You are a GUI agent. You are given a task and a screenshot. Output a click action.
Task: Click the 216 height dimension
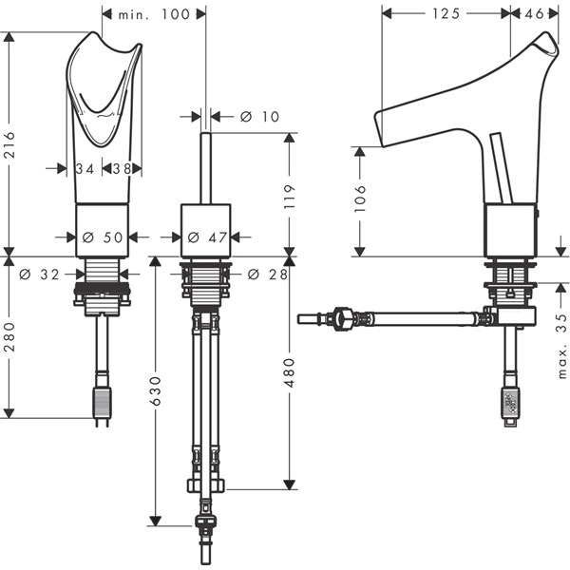pos(9,144)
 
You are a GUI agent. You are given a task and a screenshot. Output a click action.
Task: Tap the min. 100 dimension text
pos(155,14)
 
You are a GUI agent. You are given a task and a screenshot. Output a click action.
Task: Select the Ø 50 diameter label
pos(103,237)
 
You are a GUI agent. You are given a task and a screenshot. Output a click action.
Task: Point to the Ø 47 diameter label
pos(207,237)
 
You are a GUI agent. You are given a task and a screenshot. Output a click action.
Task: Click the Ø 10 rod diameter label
pos(260,117)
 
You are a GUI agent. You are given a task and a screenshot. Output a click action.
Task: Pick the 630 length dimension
pos(156,390)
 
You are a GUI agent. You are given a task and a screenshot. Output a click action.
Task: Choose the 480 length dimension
pos(290,372)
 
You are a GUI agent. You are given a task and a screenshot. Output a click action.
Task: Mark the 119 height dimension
pos(290,197)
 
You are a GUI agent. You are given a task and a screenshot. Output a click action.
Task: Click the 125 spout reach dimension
pos(446,14)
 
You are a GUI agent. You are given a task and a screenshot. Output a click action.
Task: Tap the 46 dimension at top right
pos(535,14)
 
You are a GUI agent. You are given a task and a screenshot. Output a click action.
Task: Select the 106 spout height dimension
pos(360,199)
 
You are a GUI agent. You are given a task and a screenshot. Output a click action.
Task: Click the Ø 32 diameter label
pos(39,275)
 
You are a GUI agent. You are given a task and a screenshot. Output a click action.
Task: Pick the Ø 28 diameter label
pos(268,275)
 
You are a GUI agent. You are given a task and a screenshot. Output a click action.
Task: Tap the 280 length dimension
pos(9,336)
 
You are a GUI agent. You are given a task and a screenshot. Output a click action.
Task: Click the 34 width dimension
pos(85,169)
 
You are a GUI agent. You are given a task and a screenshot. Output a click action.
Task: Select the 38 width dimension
pos(122,169)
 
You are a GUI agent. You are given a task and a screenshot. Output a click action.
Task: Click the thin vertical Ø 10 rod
pos(206,169)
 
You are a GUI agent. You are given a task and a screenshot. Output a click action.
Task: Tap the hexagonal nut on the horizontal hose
pos(343,319)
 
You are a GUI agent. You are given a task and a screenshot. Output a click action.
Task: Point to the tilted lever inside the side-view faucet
pos(501,167)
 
